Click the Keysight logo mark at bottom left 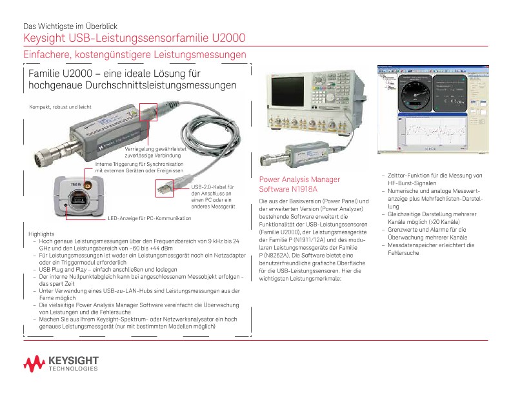[x=32, y=363]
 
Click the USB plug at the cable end [x=165, y=188]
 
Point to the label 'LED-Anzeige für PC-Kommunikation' [x=150, y=219]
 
